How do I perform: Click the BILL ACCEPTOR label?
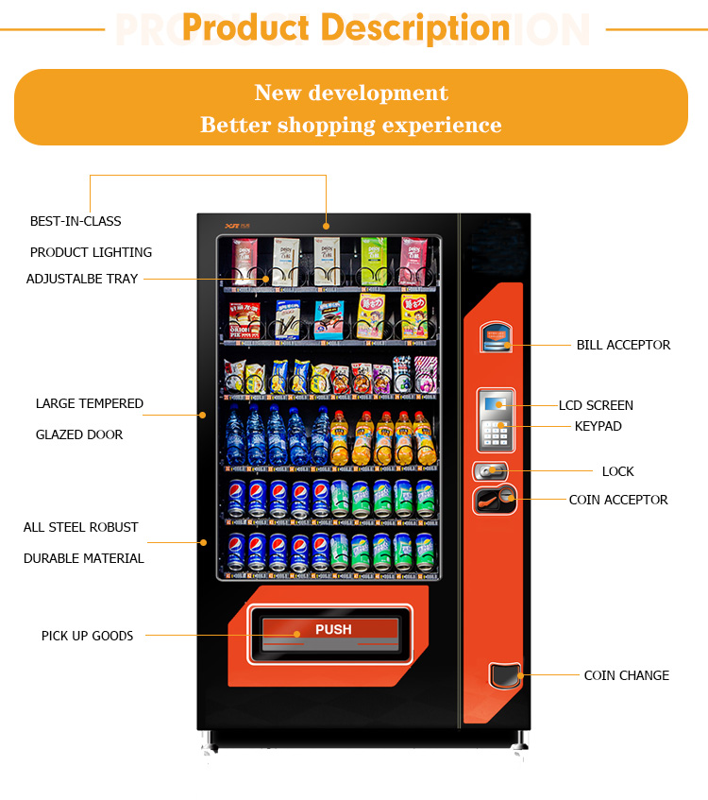click(x=623, y=345)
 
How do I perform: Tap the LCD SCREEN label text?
click(x=596, y=405)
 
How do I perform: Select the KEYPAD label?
click(x=598, y=426)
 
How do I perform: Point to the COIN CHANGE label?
click(x=626, y=675)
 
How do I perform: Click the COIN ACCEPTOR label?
click(x=617, y=500)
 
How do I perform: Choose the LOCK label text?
click(x=617, y=471)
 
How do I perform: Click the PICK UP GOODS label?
click(x=87, y=636)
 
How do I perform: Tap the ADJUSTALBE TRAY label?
click(x=82, y=279)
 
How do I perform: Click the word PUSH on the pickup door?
click(x=333, y=629)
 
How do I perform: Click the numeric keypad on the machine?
click(x=496, y=434)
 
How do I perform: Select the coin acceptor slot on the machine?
click(x=495, y=499)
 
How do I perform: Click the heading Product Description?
click(x=346, y=27)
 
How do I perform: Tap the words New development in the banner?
click(x=351, y=93)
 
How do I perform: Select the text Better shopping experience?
click(x=351, y=125)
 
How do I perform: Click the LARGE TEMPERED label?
click(x=90, y=403)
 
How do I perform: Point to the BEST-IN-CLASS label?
click(x=76, y=221)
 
